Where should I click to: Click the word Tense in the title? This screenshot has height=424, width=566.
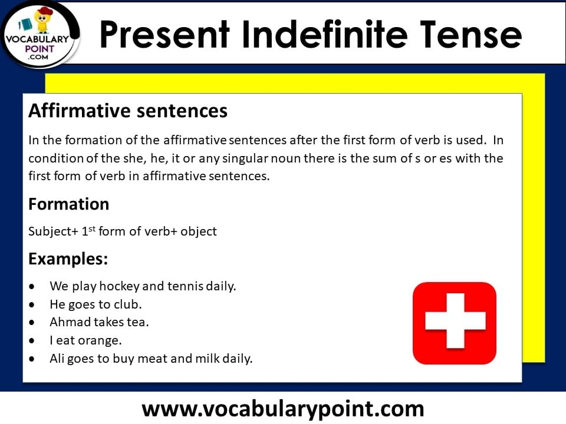pyautogui.click(x=470, y=34)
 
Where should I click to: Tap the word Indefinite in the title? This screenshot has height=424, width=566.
pyautogui.click(x=324, y=34)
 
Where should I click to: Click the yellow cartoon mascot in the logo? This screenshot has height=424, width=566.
pyautogui.click(x=42, y=20)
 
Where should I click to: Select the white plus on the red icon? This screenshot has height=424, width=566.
pyautogui.click(x=455, y=320)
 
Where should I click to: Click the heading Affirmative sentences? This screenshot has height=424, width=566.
pyautogui.click(x=128, y=111)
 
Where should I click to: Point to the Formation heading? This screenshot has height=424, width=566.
pyautogui.click(x=68, y=204)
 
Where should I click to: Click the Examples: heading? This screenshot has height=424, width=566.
pyautogui.click(x=68, y=259)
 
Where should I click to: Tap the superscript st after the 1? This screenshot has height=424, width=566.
pyautogui.click(x=92, y=228)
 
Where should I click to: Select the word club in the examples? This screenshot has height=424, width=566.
pyautogui.click(x=128, y=304)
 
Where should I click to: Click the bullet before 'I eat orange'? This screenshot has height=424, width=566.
pyautogui.click(x=32, y=341)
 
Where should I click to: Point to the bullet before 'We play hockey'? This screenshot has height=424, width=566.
pyautogui.click(x=32, y=287)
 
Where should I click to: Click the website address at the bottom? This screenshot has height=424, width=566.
pyautogui.click(x=282, y=409)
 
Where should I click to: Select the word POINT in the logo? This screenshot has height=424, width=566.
pyautogui.click(x=40, y=49)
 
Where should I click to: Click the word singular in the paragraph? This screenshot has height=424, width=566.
pyautogui.click(x=245, y=158)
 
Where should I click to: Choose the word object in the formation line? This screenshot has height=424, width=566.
pyautogui.click(x=199, y=231)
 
